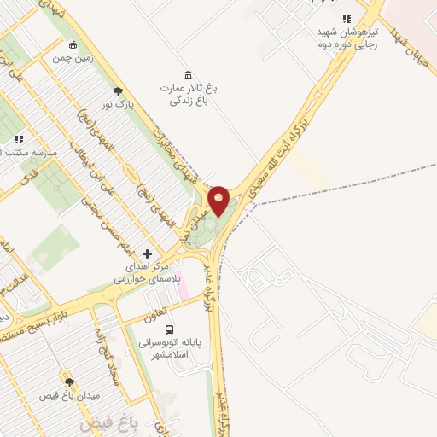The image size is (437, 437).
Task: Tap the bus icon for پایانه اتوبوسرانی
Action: point(168,329)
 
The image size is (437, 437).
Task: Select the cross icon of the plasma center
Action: point(148,253)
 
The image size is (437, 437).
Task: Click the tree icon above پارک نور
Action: point(118,91)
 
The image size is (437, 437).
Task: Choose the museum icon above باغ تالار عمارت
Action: point(188,74)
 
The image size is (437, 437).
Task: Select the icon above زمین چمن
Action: point(73,45)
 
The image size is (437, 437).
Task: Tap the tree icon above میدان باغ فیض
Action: point(69,382)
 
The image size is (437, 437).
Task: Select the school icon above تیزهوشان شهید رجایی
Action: point(346,19)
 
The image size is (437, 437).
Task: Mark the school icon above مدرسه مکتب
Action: point(19,139)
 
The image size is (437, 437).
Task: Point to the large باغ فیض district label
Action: point(102,423)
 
